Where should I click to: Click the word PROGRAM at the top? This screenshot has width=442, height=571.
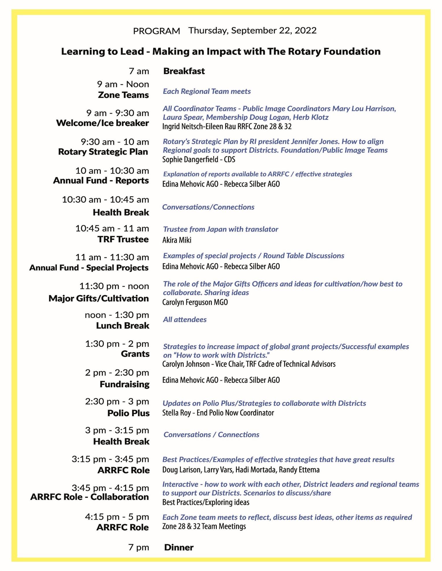tap(156, 31)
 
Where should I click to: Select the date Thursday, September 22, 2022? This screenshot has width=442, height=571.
tap(252, 31)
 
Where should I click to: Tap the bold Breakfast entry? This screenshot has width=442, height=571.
tap(184, 71)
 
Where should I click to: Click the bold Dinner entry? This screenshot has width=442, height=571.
tap(179, 547)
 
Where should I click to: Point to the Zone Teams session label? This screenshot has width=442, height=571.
tap(123, 95)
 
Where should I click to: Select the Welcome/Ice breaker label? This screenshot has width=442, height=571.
tap(103, 123)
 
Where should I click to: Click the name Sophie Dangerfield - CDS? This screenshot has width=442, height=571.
tap(198, 159)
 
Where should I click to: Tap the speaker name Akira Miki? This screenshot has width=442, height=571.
tap(177, 240)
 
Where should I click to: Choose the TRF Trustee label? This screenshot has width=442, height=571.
tap(123, 239)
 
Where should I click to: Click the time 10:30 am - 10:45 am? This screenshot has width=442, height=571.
tap(105, 200)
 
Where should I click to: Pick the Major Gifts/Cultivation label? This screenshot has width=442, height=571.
tap(99, 298)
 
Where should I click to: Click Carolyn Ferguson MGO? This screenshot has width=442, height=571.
tap(195, 302)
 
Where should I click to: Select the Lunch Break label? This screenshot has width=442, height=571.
tap(122, 326)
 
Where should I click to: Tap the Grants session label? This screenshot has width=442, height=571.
tap(135, 354)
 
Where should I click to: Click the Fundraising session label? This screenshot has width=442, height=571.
tap(125, 384)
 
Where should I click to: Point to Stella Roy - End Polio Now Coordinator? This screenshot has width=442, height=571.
tap(218, 413)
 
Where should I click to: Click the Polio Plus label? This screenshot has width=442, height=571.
tap(128, 413)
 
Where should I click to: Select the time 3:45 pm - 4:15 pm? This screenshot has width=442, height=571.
tap(110, 488)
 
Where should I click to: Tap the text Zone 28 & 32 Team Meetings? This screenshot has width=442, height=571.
tap(204, 526)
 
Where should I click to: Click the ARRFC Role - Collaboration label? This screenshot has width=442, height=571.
tap(90, 497)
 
